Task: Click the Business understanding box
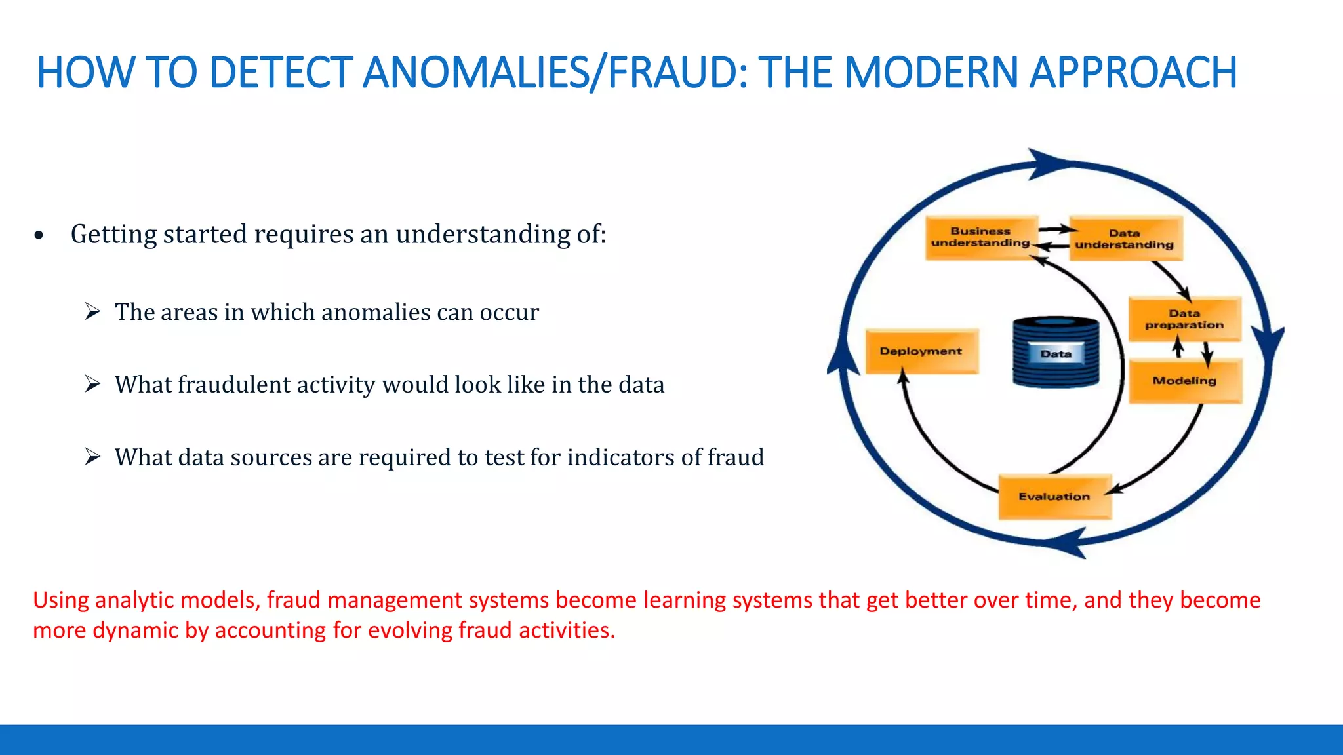pos(981,237)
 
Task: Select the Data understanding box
pos(1125,239)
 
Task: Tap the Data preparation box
pos(1184,319)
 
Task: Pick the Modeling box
pos(1184,381)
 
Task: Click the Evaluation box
pos(1054,497)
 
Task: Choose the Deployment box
pos(921,351)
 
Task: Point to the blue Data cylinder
pos(1056,352)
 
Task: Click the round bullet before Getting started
pos(39,235)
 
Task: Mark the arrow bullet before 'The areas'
pos(92,311)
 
